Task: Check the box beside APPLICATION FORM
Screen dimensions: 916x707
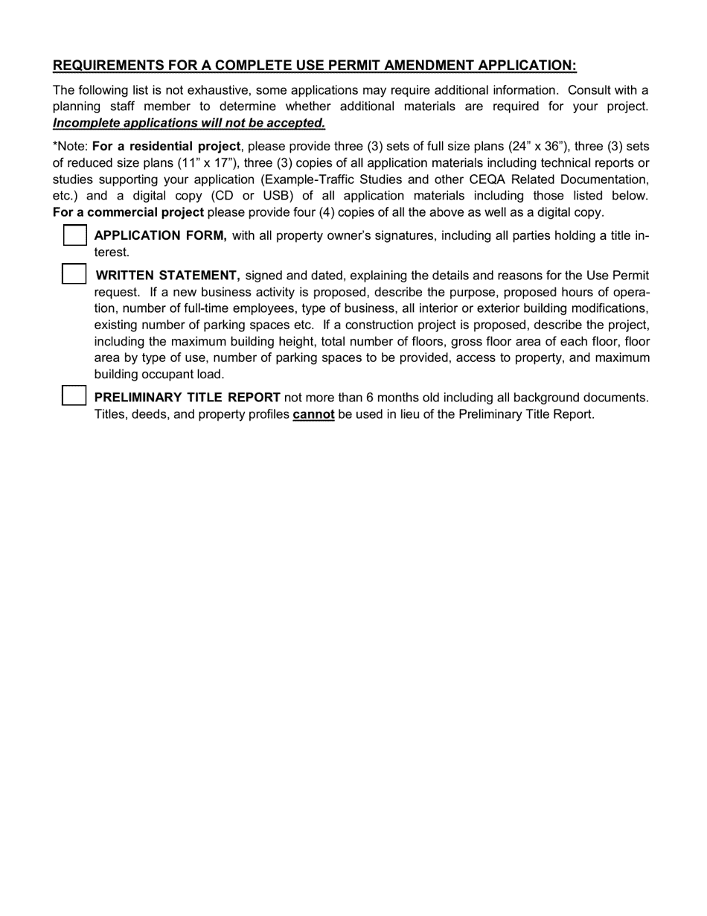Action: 74,235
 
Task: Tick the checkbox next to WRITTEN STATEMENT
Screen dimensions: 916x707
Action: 74,274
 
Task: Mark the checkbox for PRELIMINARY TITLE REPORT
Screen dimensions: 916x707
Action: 74,395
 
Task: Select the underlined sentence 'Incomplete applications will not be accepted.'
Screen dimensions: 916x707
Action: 189,123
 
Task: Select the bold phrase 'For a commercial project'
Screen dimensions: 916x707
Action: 128,212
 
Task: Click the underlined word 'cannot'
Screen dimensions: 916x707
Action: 313,414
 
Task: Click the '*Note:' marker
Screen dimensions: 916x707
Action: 70,146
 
